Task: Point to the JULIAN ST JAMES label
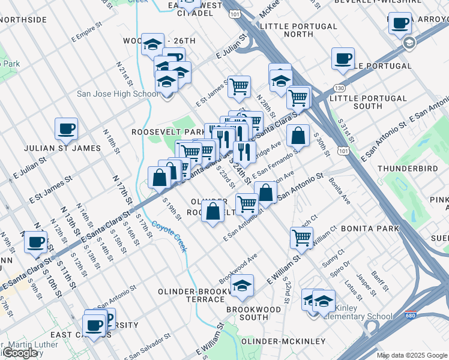(62, 148)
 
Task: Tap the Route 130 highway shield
(340, 88)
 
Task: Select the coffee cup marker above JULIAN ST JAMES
(66, 128)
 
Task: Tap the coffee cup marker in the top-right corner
(400, 23)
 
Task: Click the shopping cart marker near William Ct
(301, 237)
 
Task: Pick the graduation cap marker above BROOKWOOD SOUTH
(243, 286)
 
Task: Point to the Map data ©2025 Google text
(412, 355)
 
